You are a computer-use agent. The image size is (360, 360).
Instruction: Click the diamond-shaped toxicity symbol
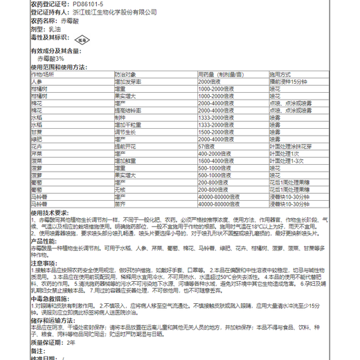click(84, 40)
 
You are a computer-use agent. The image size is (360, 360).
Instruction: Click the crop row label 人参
click(39, 81)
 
